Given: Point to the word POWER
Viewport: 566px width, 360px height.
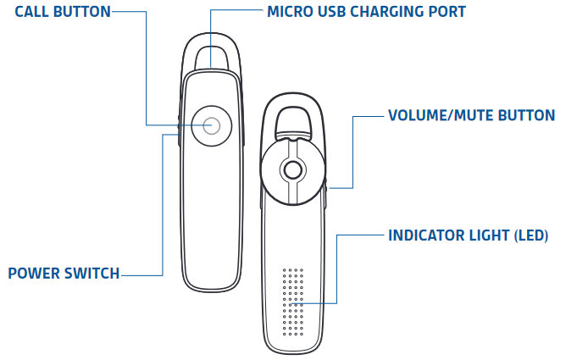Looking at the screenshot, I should coord(34,274).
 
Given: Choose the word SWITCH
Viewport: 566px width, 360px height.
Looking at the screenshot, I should coord(93,274).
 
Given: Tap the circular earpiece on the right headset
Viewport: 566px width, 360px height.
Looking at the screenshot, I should coord(292,170).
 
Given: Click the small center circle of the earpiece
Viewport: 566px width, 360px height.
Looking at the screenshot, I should coord(292,170).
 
